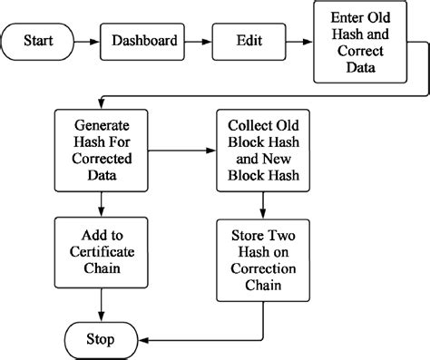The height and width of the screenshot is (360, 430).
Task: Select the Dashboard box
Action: (x=144, y=42)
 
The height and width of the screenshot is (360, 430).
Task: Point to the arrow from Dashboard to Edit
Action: (x=195, y=42)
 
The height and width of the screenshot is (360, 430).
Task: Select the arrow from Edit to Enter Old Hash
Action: (x=296, y=42)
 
